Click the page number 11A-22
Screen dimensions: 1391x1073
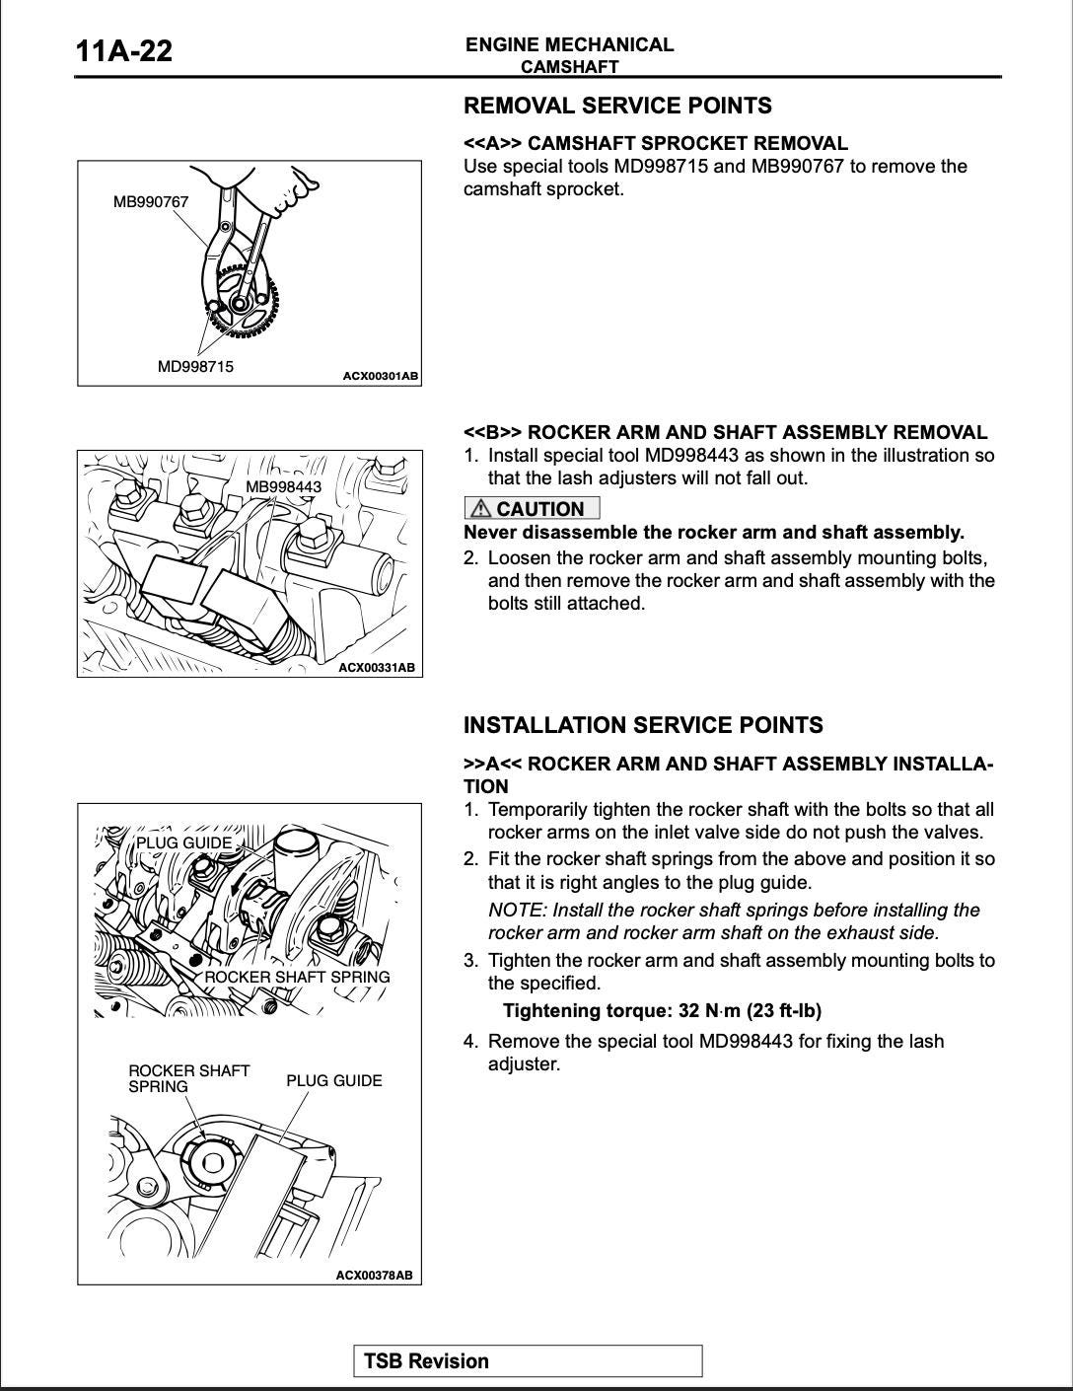[x=123, y=50]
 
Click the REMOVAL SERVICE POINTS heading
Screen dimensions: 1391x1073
[x=617, y=106]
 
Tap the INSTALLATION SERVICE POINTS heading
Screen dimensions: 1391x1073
[x=643, y=725]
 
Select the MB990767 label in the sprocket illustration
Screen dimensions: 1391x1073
[x=150, y=202]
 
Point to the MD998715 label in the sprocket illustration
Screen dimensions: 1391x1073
[x=195, y=367]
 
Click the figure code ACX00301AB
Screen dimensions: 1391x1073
[x=380, y=376]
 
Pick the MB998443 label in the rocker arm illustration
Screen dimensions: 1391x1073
[x=283, y=487]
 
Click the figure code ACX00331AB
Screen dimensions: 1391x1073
[x=377, y=668]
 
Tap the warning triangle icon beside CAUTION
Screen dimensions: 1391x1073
[x=480, y=509]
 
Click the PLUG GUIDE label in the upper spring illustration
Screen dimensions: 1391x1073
[x=183, y=842]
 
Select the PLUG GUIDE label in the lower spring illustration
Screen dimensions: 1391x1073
[x=333, y=1081]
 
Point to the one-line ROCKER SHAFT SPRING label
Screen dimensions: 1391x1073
[x=297, y=977]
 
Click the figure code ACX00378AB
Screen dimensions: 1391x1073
[x=374, y=1275]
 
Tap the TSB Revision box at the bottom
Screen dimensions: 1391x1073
[x=528, y=1361]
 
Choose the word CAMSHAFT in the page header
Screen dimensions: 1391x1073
[x=569, y=67]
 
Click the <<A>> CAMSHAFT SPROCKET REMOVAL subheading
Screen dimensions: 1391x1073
[x=656, y=143]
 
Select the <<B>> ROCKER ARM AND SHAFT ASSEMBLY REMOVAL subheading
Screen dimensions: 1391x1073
[x=725, y=432]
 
